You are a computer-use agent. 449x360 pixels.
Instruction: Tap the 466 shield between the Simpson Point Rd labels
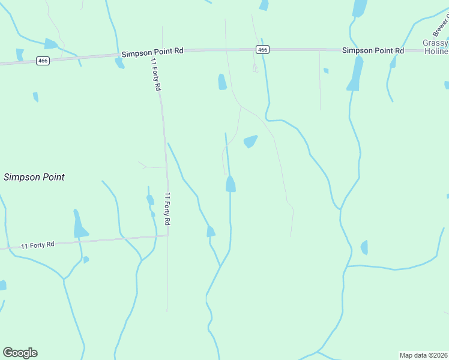(262, 50)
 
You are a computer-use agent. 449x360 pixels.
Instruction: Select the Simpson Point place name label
(34, 177)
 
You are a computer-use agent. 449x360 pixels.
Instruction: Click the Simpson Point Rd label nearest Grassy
(373, 51)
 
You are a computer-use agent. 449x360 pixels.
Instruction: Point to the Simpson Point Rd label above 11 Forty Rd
(152, 53)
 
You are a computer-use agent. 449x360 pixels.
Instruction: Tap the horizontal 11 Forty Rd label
(38, 245)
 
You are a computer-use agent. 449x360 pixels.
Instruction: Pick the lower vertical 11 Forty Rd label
(168, 208)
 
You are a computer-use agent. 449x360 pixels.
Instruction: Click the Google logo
(20, 353)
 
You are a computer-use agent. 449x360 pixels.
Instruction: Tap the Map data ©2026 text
(423, 355)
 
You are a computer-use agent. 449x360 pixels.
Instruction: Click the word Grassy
(435, 43)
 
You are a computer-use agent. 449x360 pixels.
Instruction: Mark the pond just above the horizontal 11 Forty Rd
(79, 224)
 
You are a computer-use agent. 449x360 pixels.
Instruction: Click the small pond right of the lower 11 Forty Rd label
(210, 231)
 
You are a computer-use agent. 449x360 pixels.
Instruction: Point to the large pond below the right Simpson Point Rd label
(354, 75)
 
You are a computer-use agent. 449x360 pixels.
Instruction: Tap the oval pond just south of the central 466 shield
(222, 82)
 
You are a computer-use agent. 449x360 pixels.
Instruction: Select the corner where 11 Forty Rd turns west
(167, 235)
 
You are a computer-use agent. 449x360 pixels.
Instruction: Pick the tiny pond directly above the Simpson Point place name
(35, 97)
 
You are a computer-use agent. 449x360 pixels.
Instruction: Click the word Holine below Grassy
(435, 52)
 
